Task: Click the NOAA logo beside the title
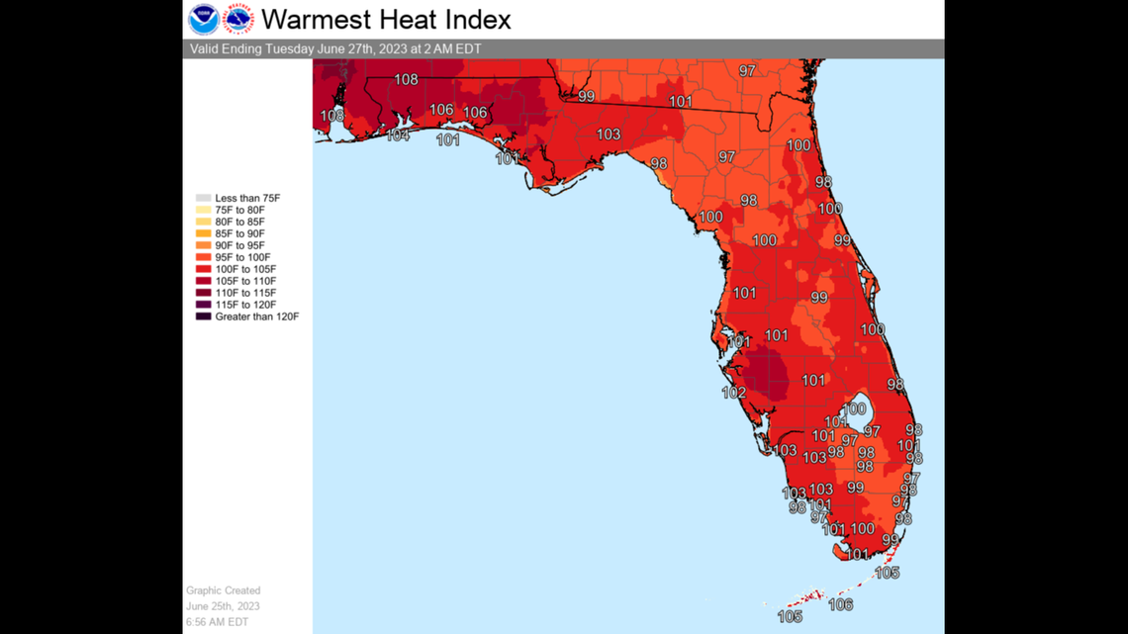tap(204, 19)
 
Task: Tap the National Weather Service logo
tap(238, 19)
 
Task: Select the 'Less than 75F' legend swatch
tap(203, 199)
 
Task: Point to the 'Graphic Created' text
tap(224, 591)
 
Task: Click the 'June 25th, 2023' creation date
tap(224, 606)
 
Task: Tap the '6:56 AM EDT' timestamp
tap(218, 621)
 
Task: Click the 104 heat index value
tap(398, 136)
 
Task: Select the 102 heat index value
tap(733, 393)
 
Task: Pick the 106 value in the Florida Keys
tap(841, 604)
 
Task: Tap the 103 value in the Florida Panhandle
tap(609, 135)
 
